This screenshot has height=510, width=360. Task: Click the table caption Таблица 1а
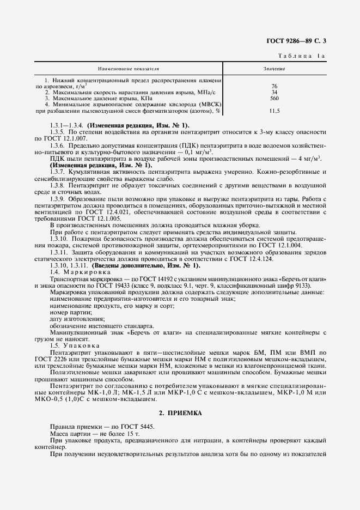tap(302, 56)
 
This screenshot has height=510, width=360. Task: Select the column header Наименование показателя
tap(128, 69)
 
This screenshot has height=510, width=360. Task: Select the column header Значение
tap(274, 69)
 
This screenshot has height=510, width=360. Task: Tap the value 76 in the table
tap(274, 86)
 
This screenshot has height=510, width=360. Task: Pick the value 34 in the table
tap(274, 92)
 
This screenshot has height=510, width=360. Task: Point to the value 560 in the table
tap(274, 98)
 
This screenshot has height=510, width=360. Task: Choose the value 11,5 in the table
tap(274, 111)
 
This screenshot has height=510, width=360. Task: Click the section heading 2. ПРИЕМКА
tap(180, 414)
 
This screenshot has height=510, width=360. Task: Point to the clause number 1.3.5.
tap(57, 132)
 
